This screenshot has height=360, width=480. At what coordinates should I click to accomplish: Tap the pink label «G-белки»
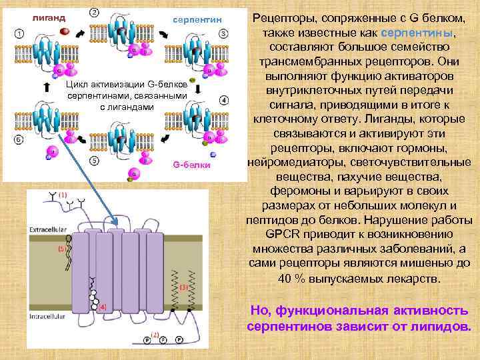click(x=191, y=164)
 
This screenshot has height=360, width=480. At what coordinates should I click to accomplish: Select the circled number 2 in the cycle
click(x=94, y=12)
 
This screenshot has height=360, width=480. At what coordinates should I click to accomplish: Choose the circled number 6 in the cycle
click(x=18, y=139)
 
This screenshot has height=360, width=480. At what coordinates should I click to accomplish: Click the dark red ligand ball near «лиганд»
click(x=65, y=31)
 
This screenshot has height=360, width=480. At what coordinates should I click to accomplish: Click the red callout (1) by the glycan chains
click(x=63, y=194)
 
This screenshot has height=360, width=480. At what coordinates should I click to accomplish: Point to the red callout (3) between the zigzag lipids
click(x=184, y=287)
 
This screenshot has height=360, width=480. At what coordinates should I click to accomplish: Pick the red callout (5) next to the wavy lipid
click(x=60, y=249)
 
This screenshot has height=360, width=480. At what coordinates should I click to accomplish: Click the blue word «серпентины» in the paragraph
click(x=421, y=33)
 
